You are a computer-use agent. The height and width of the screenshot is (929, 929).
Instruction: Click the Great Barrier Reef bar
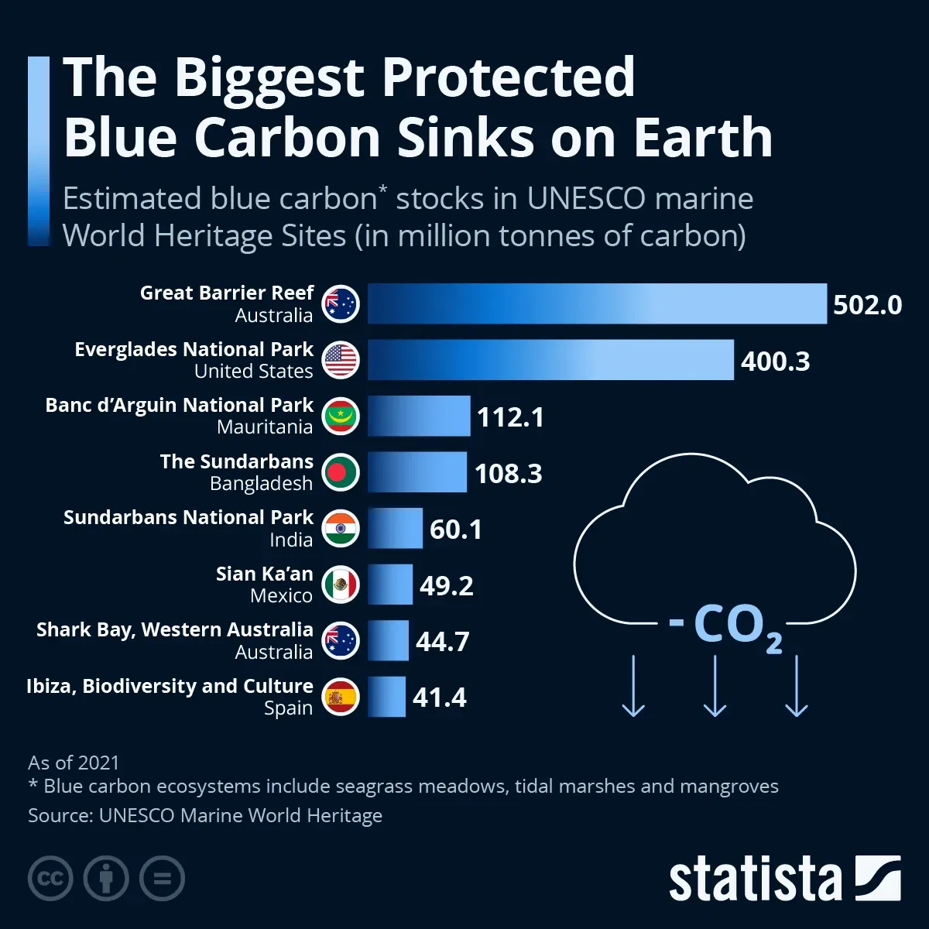tap(596, 303)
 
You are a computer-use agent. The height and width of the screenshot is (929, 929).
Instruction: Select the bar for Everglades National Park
tap(550, 360)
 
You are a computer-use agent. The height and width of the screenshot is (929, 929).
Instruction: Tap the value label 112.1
tap(510, 417)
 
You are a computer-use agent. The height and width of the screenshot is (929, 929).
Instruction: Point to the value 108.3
tap(508, 473)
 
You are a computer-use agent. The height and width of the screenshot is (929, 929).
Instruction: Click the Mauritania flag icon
tap(341, 417)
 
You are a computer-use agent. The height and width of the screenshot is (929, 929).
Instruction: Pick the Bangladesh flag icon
tap(341, 472)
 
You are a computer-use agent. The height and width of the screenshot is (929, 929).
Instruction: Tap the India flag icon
tap(341, 529)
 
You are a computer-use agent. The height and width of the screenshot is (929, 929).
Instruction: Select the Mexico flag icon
tap(341, 584)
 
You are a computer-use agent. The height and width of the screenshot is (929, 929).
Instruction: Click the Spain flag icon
tap(341, 697)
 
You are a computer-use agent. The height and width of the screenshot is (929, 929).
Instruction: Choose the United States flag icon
tap(341, 360)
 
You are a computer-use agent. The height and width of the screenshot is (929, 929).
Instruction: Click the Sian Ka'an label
tap(264, 574)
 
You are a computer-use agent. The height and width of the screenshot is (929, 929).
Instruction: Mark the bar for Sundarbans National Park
tap(395, 529)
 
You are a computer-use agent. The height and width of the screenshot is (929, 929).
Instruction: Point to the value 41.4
tap(439, 698)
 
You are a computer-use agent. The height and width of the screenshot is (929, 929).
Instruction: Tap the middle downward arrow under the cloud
tap(715, 686)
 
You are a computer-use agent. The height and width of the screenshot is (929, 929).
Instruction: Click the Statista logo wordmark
tap(755, 879)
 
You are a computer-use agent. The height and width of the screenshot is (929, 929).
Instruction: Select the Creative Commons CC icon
tap(50, 879)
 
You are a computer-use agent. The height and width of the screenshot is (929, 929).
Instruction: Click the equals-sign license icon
tap(163, 879)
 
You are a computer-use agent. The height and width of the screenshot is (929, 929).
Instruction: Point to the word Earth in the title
tap(703, 138)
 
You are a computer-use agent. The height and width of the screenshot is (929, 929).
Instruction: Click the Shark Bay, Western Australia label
tap(174, 630)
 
